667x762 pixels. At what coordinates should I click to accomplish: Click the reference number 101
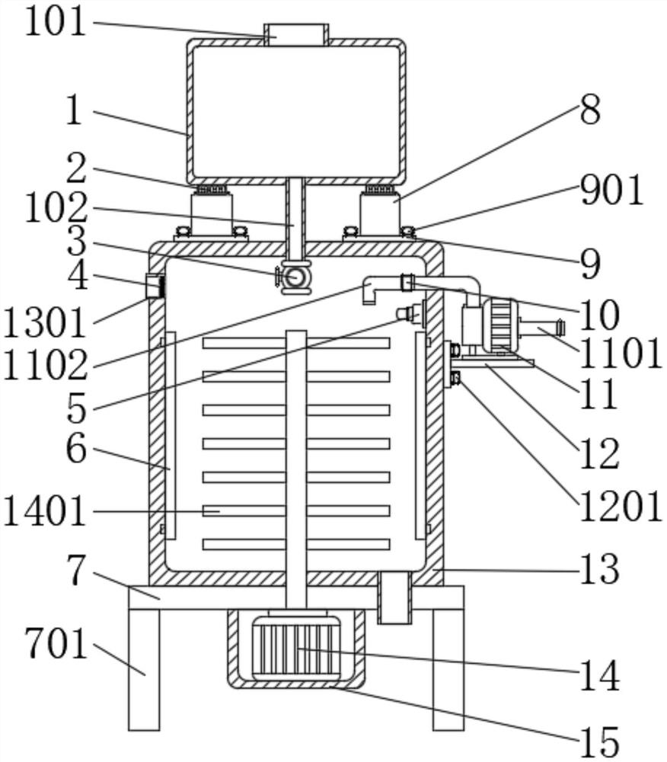tap(56, 22)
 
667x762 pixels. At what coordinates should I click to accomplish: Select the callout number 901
tap(612, 190)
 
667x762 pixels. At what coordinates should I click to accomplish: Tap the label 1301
tap(45, 323)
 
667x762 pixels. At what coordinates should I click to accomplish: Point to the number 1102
tap(45, 365)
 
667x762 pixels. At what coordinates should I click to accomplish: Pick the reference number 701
tap(56, 643)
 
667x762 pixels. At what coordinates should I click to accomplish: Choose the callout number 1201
tap(621, 506)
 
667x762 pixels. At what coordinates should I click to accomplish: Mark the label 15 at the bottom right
tap(600, 741)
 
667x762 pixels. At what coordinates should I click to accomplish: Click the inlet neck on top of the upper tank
tap(296, 35)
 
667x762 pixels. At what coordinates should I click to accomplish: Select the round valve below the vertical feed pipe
tap(292, 277)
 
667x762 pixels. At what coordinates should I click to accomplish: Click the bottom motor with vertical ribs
tap(296, 648)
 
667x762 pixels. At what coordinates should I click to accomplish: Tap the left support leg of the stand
tap(144, 670)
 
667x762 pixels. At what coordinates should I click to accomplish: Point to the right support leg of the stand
tap(448, 670)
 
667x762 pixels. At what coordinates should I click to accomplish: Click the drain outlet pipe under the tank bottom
tap(394, 597)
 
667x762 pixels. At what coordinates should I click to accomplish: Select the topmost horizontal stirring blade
tap(296, 343)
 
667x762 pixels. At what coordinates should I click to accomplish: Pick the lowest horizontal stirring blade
tap(296, 544)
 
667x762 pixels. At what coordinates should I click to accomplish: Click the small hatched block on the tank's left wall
tap(155, 286)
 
